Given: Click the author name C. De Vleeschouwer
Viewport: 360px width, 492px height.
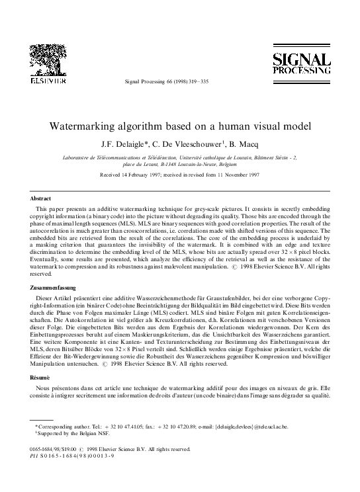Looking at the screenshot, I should coord(197,141).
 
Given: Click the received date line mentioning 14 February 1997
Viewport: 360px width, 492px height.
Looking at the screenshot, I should coord(179,176).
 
